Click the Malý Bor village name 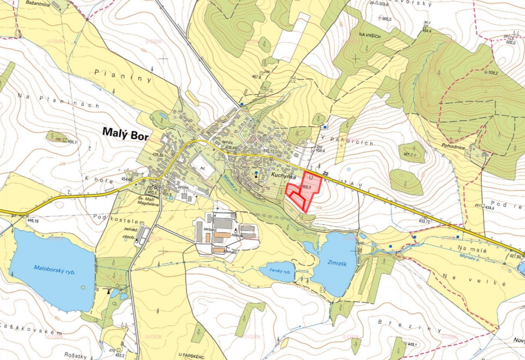click(x=125, y=134)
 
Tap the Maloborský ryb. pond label click(x=54, y=270)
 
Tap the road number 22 click(x=327, y=174)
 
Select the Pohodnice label click(x=453, y=147)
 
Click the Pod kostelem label click(x=119, y=219)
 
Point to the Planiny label click(x=123, y=76)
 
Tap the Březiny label click(x=409, y=326)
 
